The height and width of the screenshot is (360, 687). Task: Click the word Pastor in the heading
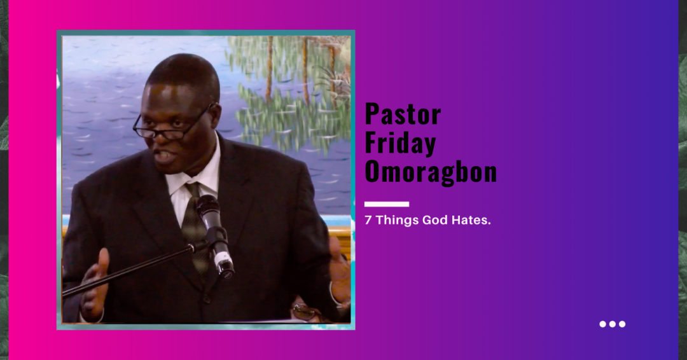point(403,114)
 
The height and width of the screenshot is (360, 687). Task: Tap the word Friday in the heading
point(400,143)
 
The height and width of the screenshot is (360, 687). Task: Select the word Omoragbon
point(431,171)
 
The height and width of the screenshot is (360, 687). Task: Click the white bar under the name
point(387,204)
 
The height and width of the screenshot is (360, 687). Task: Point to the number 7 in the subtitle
point(368,220)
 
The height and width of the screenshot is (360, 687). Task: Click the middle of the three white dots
point(613,324)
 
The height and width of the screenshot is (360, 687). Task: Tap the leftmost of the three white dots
point(603,324)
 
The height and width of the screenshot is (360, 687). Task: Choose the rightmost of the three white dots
point(622,324)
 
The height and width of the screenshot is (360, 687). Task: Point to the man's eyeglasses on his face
point(172,124)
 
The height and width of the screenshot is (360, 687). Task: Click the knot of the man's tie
point(192,190)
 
